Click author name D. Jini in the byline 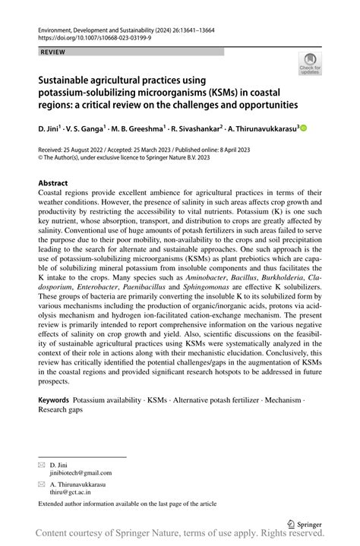[50, 129]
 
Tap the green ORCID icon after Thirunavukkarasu [304, 129]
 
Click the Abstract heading [53, 183]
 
